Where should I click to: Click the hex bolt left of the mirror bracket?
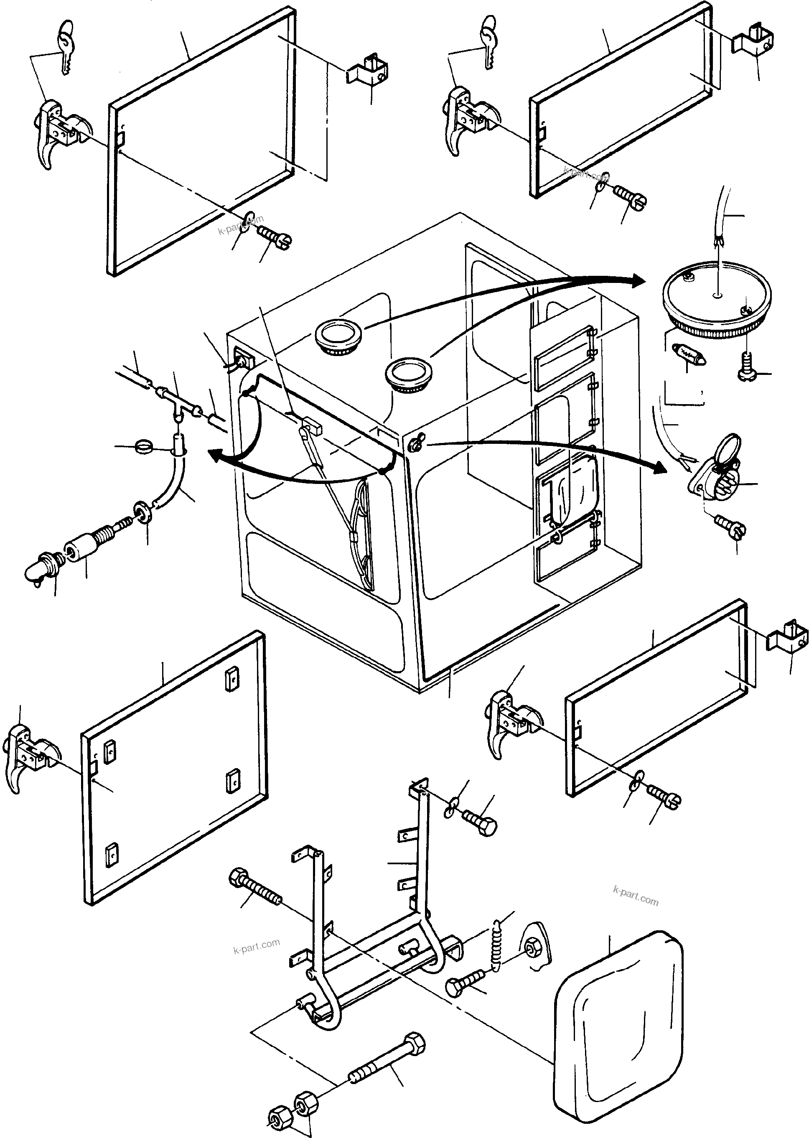[x=256, y=890]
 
